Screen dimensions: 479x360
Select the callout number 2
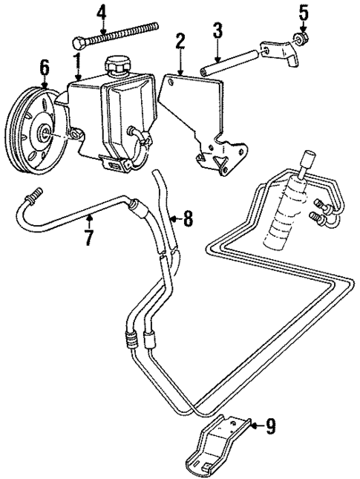(x=179, y=42)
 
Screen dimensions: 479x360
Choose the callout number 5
(x=302, y=13)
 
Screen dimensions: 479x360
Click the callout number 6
(x=44, y=68)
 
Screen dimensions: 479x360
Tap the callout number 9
(x=271, y=426)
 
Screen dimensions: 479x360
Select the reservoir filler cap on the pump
(x=117, y=65)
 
